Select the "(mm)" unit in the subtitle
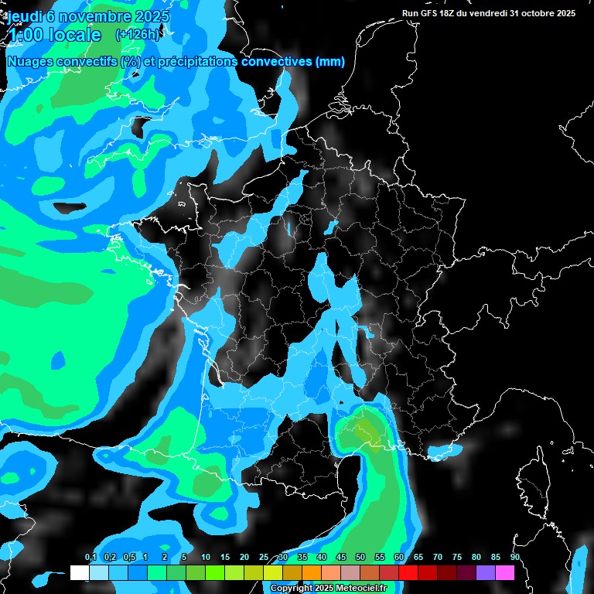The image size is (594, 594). click(330, 62)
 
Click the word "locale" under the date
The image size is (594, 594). click(74, 35)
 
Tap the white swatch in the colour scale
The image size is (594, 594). click(79, 572)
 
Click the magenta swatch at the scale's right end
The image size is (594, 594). click(505, 572)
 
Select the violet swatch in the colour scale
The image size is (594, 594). click(486, 572)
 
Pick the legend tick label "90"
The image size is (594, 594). click(514, 558)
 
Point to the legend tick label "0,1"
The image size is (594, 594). click(90, 558)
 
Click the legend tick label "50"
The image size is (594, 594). click(360, 558)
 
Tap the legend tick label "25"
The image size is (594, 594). click(264, 558)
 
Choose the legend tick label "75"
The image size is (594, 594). click(457, 558)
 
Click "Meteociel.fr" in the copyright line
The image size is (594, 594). click(362, 589)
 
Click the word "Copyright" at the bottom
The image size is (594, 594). click(292, 589)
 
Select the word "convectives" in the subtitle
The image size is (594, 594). click(277, 62)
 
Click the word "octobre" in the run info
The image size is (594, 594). click(528, 13)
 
